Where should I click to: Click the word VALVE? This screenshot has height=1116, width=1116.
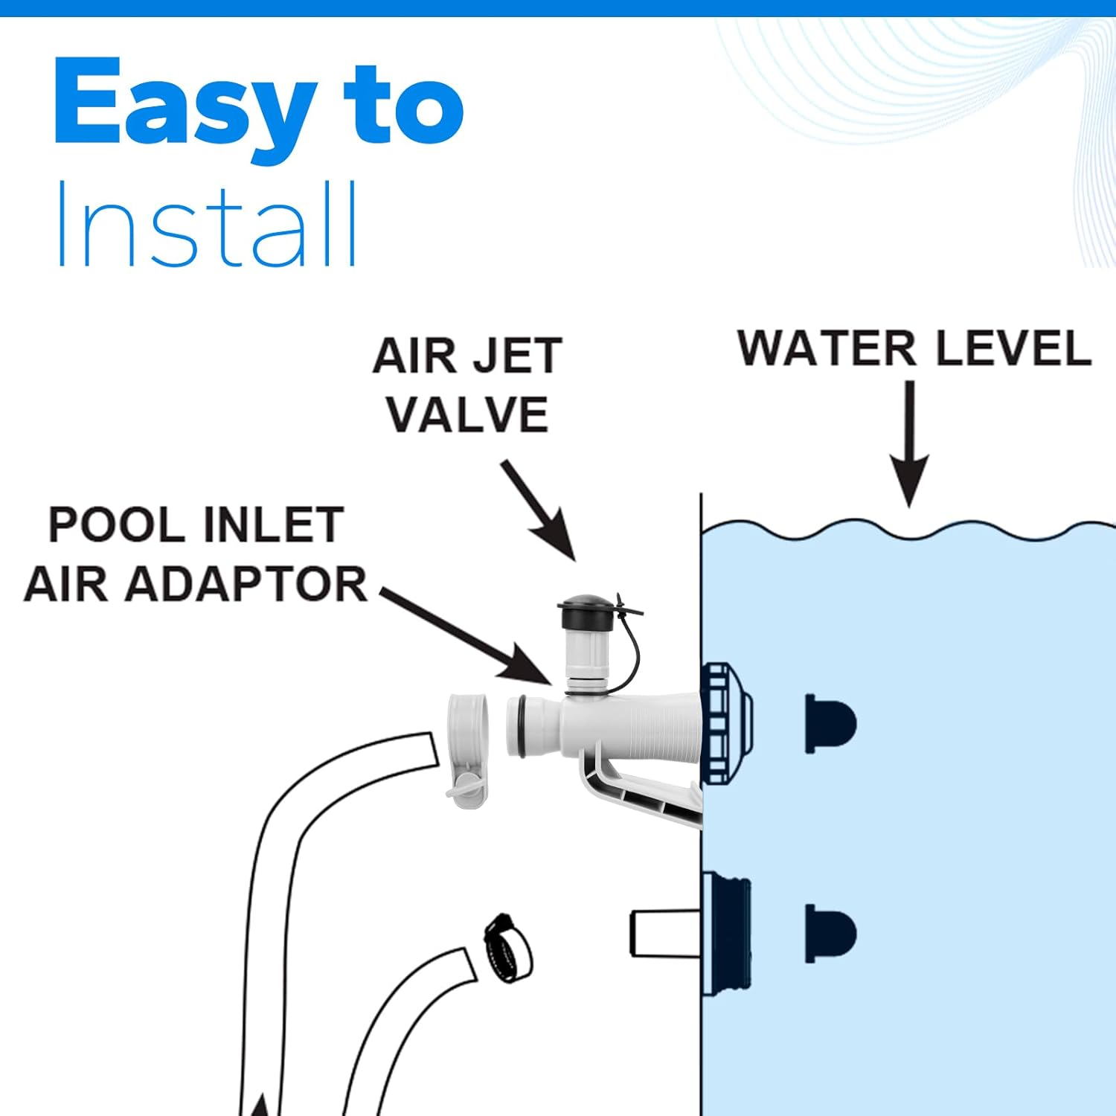tap(467, 414)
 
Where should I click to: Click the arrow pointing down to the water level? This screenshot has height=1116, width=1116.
tap(909, 446)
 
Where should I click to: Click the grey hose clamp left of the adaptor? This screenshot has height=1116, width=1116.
tap(467, 748)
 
